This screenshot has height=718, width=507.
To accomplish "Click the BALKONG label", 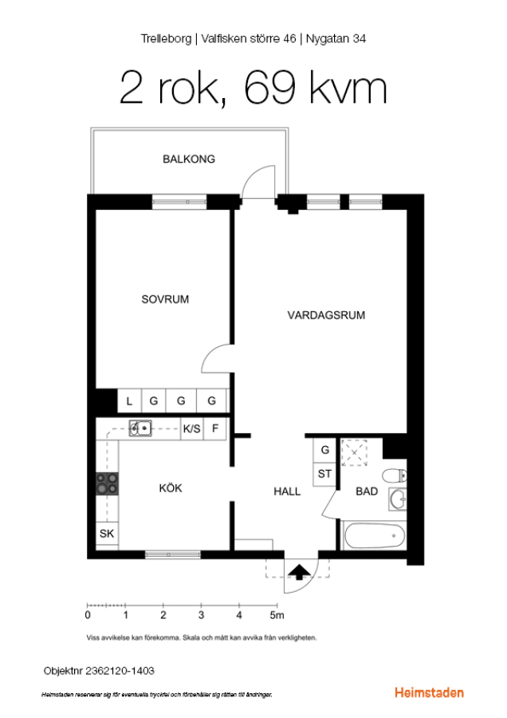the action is [188, 159].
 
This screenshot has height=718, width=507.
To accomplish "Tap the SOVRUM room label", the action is [165, 299].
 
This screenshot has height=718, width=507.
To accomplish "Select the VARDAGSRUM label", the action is [326, 315].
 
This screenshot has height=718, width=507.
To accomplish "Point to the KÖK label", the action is [171, 487].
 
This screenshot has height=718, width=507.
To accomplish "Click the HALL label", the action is [287, 491].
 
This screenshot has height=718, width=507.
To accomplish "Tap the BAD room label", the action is [367, 491].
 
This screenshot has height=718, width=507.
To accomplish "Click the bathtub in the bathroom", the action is [375, 536].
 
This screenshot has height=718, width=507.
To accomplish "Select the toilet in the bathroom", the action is [395, 475].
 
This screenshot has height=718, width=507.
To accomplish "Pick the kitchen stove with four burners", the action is [107, 483].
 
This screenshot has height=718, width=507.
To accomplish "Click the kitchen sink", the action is [140, 428].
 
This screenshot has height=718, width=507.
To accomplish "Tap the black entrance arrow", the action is [301, 572].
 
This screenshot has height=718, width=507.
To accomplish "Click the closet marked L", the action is [129, 401].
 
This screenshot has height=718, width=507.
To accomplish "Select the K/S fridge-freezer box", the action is [192, 428].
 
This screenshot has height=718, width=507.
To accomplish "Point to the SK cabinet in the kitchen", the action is [107, 534].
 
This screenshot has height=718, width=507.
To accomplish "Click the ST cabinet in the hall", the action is [325, 474].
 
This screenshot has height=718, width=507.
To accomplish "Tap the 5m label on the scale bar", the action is [277, 615].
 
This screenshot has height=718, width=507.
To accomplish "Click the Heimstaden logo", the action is [429, 692].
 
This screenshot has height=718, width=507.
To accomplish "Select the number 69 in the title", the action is [269, 88].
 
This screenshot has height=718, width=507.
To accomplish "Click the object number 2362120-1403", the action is [120, 671].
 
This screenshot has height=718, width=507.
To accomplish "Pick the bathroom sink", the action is [398, 499].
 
